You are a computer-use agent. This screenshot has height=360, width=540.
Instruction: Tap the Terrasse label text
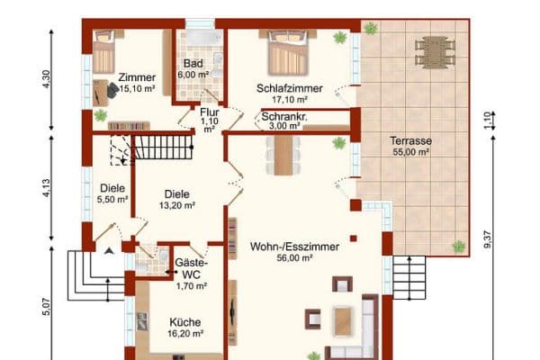[410, 141]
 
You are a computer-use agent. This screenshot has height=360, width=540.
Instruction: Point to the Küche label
[185, 321]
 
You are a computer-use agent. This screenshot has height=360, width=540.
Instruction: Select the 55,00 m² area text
[410, 152]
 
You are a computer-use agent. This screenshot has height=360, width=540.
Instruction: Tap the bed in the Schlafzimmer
[287, 52]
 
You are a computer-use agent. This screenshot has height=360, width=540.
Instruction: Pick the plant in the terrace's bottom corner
[459, 245]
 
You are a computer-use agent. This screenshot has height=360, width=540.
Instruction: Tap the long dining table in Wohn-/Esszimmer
[283, 156]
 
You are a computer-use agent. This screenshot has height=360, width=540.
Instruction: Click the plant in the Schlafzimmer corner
[340, 38]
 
